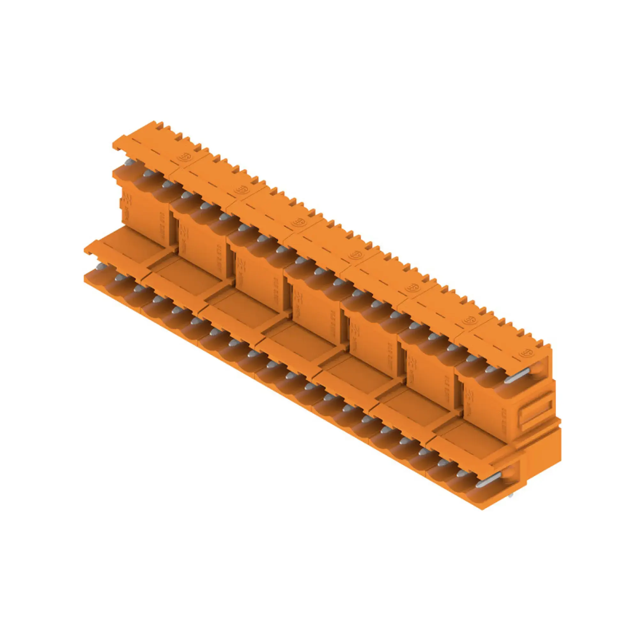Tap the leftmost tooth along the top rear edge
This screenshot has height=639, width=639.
tap(154, 125)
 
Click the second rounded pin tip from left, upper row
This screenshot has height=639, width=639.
tap(147, 173)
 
